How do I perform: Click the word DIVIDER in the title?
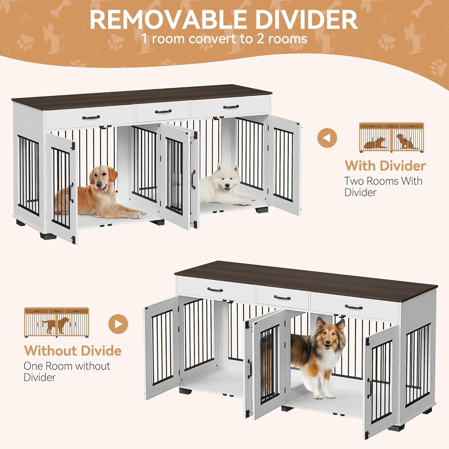(x=308, y=20)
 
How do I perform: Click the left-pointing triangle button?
(x=327, y=138)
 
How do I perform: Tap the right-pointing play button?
(x=118, y=324)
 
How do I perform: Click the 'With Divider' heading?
(x=385, y=166)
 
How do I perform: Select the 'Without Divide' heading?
(x=73, y=351)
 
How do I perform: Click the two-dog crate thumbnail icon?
(x=391, y=137)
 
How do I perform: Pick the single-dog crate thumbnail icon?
(x=57, y=322)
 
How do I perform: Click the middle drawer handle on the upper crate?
(x=163, y=111)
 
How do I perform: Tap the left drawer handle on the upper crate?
(x=91, y=117)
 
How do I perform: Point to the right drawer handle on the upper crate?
(x=231, y=107)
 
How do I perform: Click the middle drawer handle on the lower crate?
(x=282, y=298)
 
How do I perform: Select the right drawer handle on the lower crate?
(x=354, y=307)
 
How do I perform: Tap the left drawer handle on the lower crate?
(x=215, y=290)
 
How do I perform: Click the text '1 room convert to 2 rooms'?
(x=224, y=39)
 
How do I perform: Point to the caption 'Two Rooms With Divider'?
(x=383, y=186)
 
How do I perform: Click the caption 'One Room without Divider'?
(x=67, y=372)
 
